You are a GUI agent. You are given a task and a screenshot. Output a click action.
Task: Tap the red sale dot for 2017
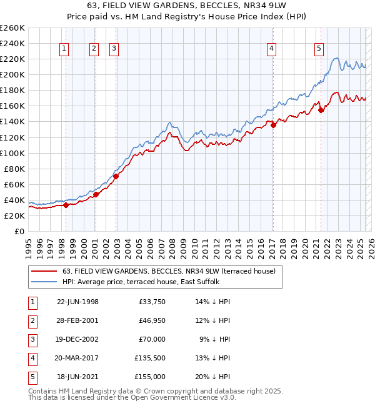(x=273, y=125)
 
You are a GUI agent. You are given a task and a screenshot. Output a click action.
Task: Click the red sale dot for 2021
(x=321, y=110)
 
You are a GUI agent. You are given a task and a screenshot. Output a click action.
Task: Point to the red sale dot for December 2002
(x=116, y=176)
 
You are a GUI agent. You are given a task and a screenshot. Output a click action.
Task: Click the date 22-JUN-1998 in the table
(x=77, y=301)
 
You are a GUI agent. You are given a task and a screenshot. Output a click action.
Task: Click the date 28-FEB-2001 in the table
(x=77, y=320)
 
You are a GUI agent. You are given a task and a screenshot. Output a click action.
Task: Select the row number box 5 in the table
(x=32, y=377)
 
